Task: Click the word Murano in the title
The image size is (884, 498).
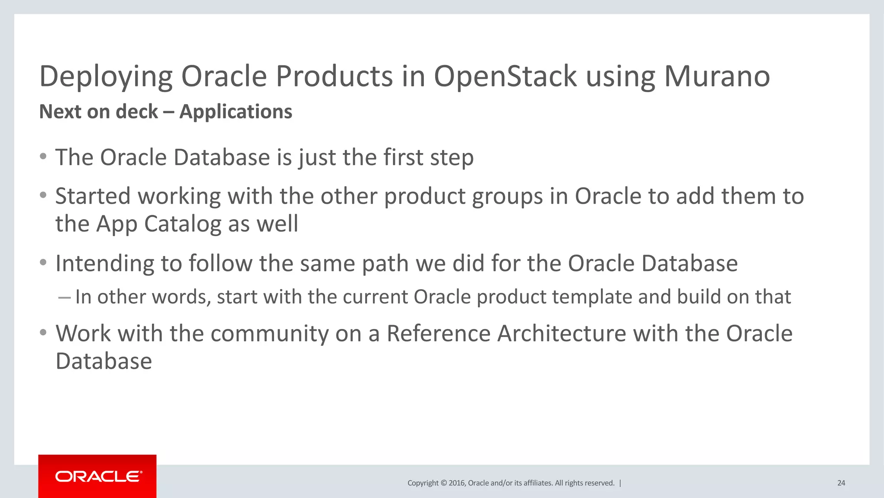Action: tap(717, 76)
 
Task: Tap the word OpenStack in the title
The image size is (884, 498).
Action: tap(505, 76)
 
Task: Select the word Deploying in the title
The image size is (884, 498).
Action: tap(106, 77)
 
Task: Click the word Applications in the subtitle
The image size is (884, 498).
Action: tap(236, 112)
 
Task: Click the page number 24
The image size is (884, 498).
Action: tap(841, 483)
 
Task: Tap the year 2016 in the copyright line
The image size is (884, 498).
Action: tap(457, 483)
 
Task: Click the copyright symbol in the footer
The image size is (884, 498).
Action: tap(443, 483)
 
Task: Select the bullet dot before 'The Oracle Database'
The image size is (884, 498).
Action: tap(43, 156)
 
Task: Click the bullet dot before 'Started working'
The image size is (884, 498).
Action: tap(43, 195)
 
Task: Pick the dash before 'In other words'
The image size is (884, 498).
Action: tap(64, 297)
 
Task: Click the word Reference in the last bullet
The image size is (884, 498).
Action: tap(438, 334)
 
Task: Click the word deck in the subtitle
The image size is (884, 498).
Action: tap(137, 112)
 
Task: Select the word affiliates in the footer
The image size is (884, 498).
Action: tap(537, 483)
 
